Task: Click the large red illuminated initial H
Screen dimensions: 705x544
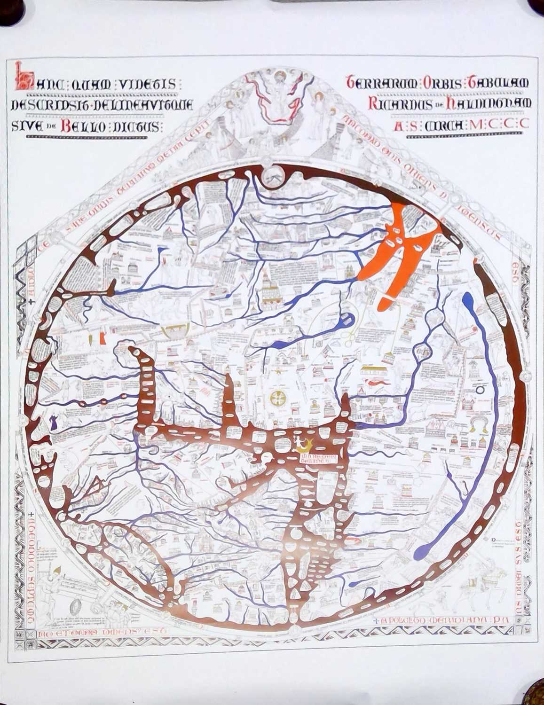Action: (x=22, y=76)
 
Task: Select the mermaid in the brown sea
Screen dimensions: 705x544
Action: (x=301, y=444)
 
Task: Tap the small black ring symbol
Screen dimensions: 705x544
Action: (x=480, y=390)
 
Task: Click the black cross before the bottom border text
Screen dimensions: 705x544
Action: (x=375, y=621)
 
